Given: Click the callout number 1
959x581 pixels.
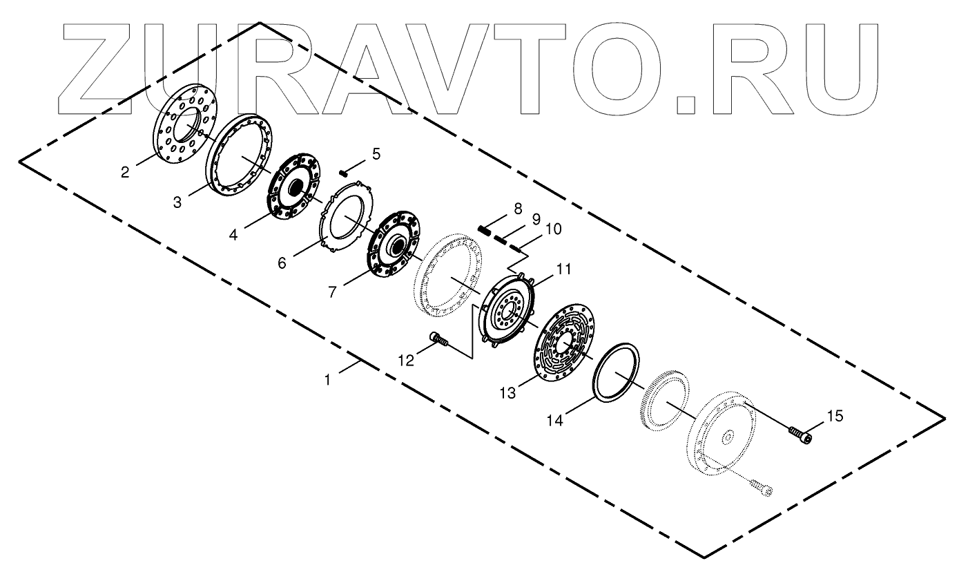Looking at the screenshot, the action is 330,379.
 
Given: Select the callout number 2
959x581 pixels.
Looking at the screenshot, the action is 125,172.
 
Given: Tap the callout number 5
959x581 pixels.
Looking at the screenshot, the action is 376,154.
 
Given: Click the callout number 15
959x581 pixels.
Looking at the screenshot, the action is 835,416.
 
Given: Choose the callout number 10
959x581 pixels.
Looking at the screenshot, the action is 553,229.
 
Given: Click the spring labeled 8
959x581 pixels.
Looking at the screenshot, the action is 487,231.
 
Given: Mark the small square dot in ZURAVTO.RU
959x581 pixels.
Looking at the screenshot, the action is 686,104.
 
